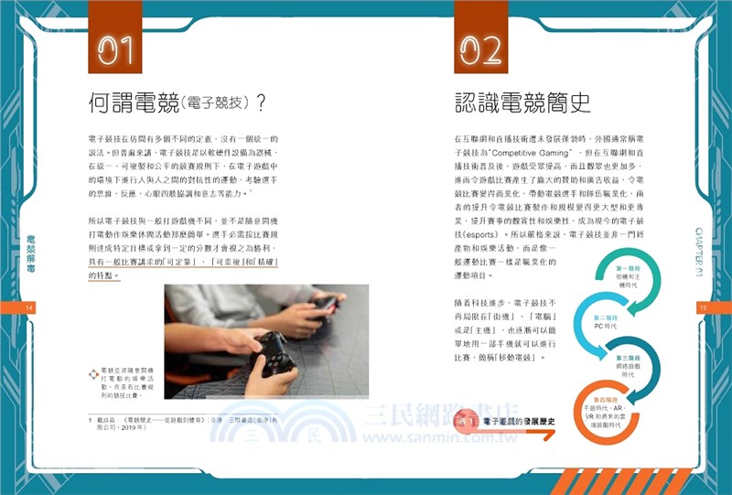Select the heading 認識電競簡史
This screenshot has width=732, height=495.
click(522, 101)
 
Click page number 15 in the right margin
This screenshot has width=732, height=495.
click(703, 308)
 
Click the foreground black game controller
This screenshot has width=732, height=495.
click(272, 352)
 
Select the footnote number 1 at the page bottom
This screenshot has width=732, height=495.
click(78, 420)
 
